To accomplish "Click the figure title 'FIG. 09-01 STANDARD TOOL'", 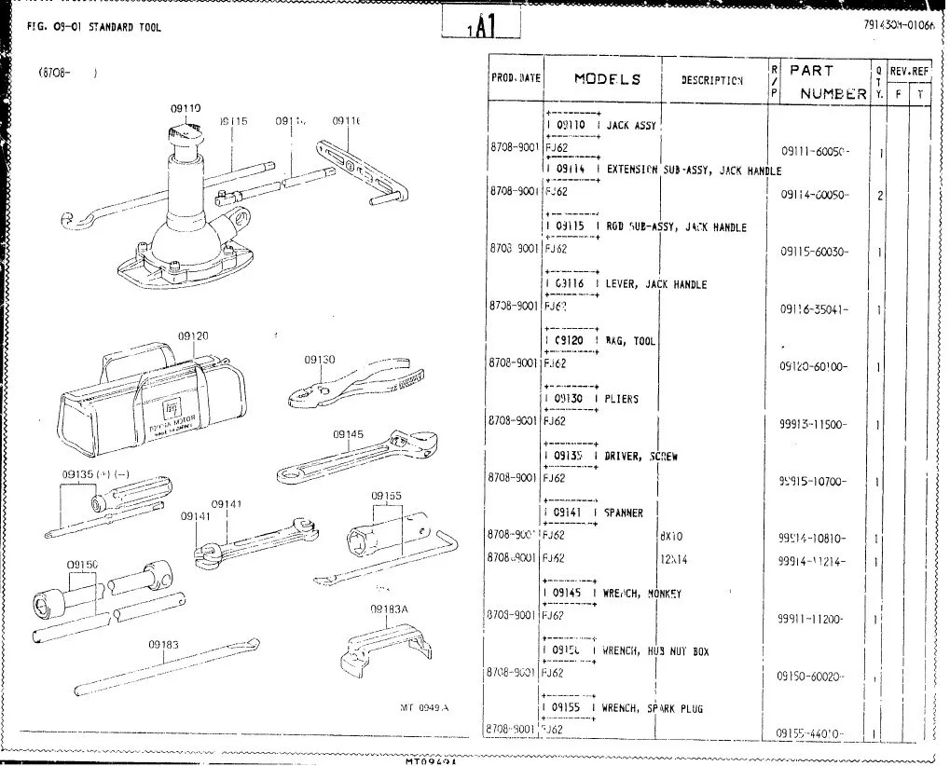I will [89, 27].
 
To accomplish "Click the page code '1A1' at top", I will [480, 27].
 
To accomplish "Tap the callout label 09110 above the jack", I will [186, 109].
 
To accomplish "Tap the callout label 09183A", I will [391, 609].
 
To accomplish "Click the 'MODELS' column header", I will [606, 79].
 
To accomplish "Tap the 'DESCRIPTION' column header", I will [711, 80].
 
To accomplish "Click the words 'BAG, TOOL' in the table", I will [631, 342].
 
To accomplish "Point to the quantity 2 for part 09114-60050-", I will [879, 195].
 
